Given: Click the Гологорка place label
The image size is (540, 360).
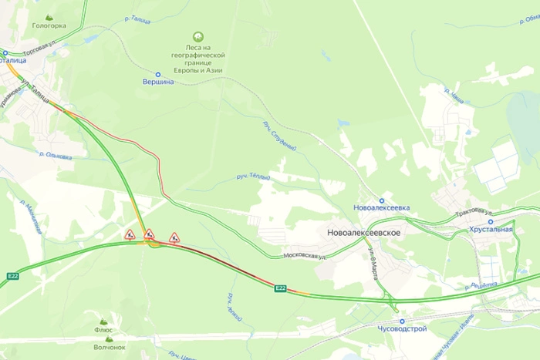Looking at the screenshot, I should (x=49, y=25).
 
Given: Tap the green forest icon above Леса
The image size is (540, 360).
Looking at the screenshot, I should (x=198, y=36).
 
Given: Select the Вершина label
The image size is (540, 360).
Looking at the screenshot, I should (x=159, y=82).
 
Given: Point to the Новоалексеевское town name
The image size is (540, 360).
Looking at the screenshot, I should (x=363, y=232).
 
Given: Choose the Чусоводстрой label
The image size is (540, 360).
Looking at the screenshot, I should (x=400, y=329).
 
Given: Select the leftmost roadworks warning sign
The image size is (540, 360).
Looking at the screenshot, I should (x=130, y=234).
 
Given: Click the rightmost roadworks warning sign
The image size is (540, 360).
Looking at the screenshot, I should (x=174, y=237).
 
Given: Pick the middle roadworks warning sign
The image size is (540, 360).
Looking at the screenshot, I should (x=149, y=234).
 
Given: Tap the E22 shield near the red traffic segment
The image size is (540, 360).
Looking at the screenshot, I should (x=281, y=289).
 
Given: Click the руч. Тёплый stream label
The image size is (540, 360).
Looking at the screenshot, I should (x=253, y=178).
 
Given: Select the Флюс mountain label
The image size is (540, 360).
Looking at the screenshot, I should (x=103, y=329).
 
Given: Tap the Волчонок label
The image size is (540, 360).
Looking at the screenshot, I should (x=109, y=347).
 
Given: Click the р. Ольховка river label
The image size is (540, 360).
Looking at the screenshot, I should (x=56, y=156).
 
